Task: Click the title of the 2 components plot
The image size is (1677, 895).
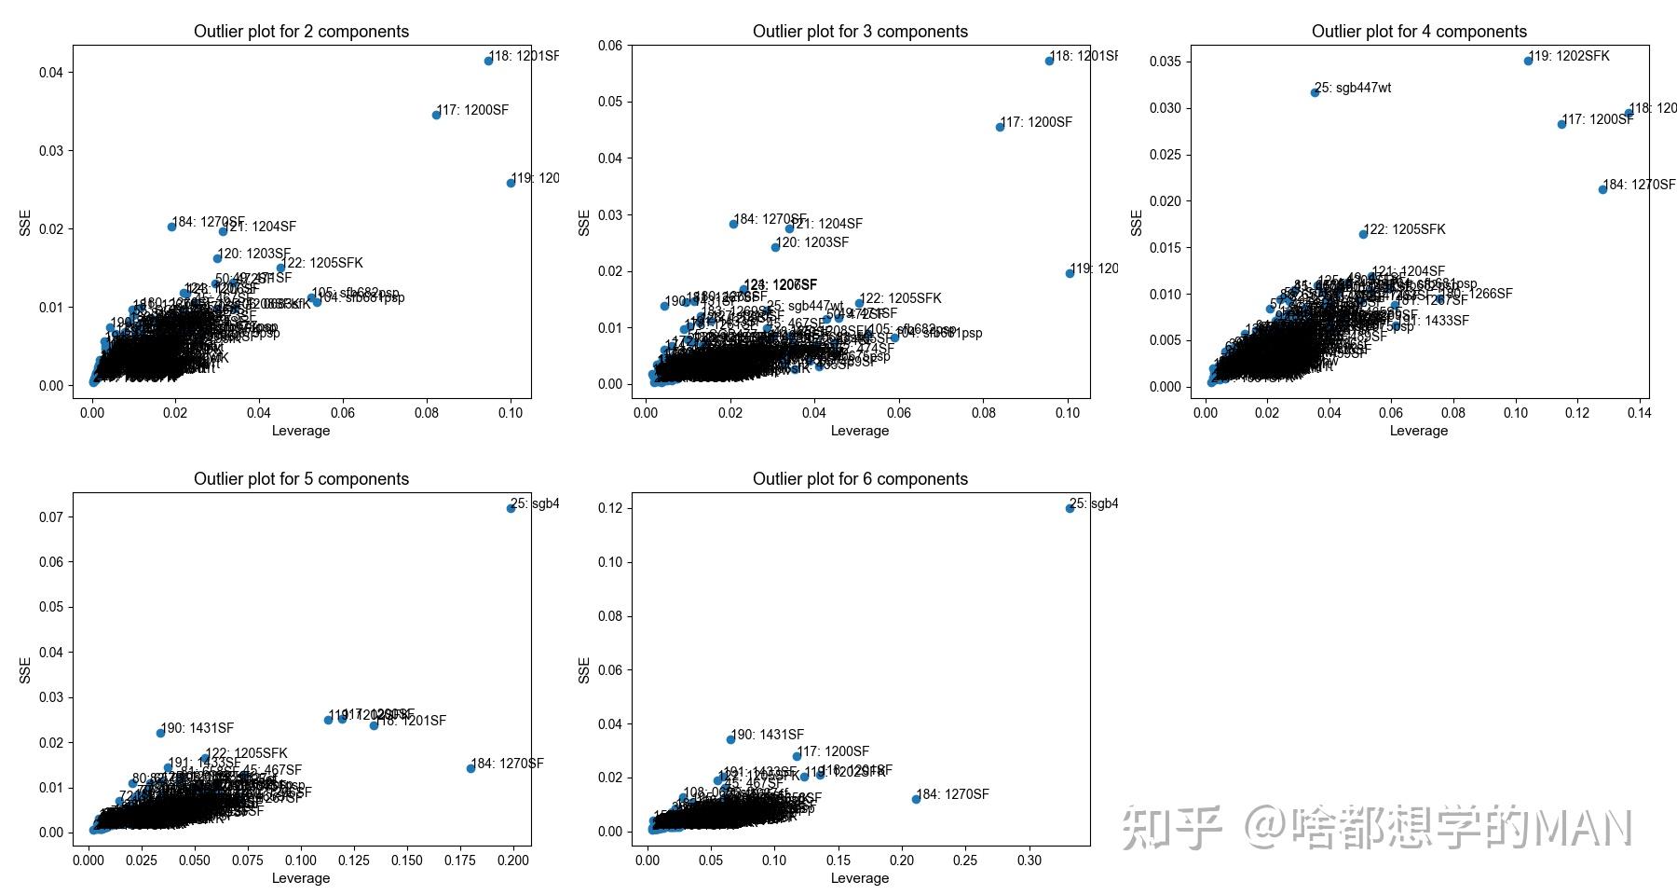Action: [301, 32]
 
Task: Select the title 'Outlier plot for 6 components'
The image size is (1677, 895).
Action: [860, 479]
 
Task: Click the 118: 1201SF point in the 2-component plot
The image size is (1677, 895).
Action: [488, 61]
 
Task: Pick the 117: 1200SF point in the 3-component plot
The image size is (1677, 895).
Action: [1000, 127]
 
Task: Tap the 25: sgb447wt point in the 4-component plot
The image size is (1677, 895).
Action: [1315, 92]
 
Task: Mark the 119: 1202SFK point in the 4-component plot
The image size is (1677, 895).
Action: [1528, 61]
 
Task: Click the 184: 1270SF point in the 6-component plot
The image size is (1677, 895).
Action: [916, 799]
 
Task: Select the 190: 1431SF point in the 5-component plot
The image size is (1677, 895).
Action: [160, 733]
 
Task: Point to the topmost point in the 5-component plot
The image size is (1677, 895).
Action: [511, 508]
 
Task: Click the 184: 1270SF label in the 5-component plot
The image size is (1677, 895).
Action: [509, 764]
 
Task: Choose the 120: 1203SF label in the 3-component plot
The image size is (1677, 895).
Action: [813, 242]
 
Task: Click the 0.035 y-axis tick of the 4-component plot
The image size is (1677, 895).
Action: [1166, 62]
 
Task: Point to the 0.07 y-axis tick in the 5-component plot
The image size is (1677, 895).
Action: [51, 517]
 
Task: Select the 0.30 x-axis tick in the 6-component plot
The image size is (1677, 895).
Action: [1029, 860]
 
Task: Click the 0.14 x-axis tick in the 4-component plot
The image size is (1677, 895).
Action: [1639, 412]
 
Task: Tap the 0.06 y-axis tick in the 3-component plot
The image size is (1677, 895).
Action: [610, 46]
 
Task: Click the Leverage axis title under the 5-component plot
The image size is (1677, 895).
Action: [301, 878]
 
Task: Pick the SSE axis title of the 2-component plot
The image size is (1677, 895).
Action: [25, 222]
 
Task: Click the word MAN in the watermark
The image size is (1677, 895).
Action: [1583, 828]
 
